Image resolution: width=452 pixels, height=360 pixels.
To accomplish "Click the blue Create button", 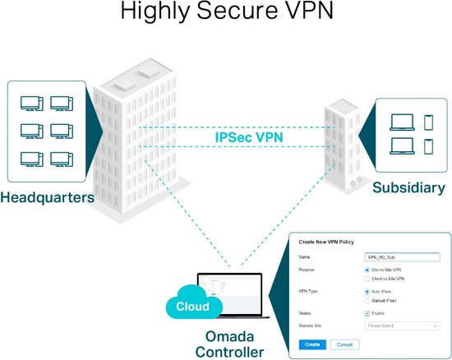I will [x=311, y=344].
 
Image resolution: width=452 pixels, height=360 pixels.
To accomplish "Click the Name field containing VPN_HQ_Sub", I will [x=402, y=257].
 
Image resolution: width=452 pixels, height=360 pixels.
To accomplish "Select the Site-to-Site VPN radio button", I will [x=366, y=270].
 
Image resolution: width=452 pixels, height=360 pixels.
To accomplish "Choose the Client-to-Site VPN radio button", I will [x=366, y=278].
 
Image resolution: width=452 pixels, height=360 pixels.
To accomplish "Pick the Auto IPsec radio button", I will [x=366, y=291].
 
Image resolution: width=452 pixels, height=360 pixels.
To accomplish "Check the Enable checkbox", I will [x=366, y=313].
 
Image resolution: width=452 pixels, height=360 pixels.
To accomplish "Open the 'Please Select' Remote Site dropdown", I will [x=402, y=325].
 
